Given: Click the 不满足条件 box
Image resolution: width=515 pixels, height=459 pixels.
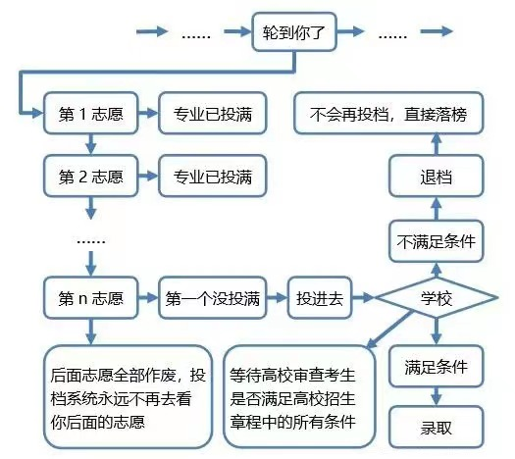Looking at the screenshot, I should tap(437, 241).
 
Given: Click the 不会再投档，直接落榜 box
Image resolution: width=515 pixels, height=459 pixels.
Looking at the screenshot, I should tap(389, 114).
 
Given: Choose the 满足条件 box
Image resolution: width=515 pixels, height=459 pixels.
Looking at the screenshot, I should tap(437, 367).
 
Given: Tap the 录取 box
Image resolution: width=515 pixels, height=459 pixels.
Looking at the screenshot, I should tap(437, 427).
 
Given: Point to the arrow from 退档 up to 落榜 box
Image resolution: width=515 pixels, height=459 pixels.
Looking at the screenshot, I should tap(437, 145).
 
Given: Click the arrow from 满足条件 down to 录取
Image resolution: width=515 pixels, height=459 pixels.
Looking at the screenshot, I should tap(437, 396).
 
